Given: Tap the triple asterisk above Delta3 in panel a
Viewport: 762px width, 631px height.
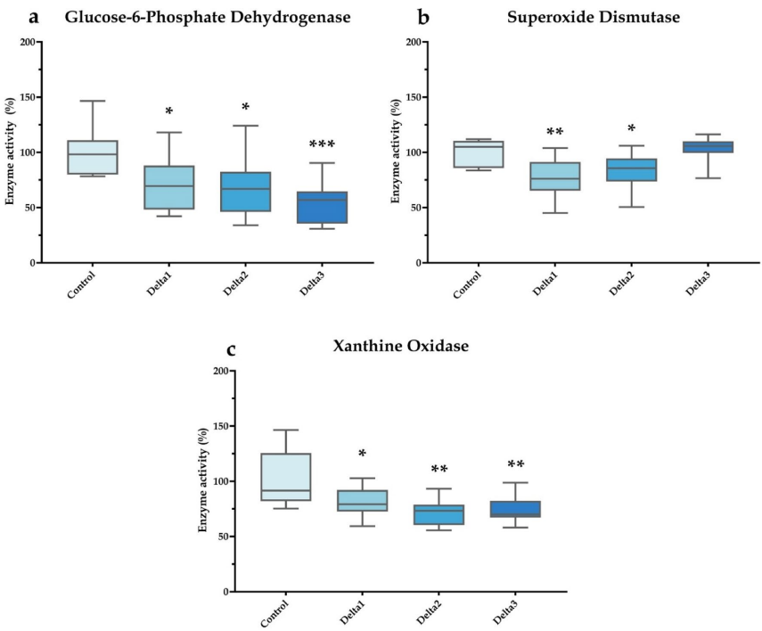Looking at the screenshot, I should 321,145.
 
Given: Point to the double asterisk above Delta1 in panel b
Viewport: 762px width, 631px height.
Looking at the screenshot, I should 554,133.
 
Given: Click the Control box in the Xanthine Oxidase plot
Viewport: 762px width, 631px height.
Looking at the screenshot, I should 286,477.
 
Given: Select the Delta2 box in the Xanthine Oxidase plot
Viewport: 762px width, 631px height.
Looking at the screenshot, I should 439,514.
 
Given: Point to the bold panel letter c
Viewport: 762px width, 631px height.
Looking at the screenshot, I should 231,348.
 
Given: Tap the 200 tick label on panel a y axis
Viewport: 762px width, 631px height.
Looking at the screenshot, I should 28,42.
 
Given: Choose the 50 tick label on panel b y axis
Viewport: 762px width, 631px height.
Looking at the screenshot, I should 414,208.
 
